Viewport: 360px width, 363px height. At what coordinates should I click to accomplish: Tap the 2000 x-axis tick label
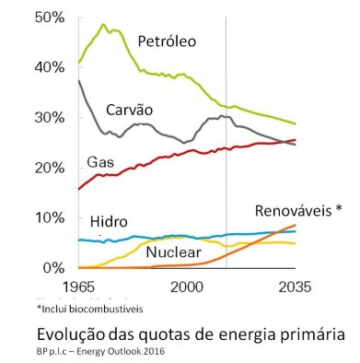pyautogui.click(x=187, y=286)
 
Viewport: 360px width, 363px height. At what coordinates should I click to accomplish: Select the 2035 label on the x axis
pyautogui.click(x=295, y=286)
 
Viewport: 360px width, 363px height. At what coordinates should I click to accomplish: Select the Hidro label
pyautogui.click(x=110, y=223)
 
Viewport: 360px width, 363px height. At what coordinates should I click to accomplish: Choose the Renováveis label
pyautogui.click(x=297, y=210)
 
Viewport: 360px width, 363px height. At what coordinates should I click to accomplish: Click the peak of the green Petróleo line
pyautogui.click(x=103, y=25)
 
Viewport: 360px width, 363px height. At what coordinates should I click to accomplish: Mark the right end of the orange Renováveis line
pyautogui.click(x=296, y=225)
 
